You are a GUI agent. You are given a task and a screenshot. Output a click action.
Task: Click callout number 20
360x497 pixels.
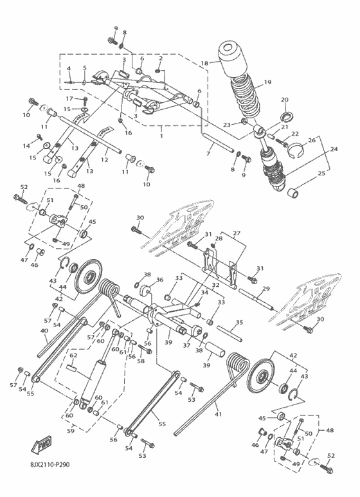point(285,100)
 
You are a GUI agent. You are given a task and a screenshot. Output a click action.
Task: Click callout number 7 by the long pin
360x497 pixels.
point(208,154)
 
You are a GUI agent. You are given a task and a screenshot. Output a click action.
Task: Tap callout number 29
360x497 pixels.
point(265,289)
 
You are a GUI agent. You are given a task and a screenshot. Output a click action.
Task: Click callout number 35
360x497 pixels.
point(239,322)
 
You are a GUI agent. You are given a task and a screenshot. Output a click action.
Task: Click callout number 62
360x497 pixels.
point(73,355)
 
